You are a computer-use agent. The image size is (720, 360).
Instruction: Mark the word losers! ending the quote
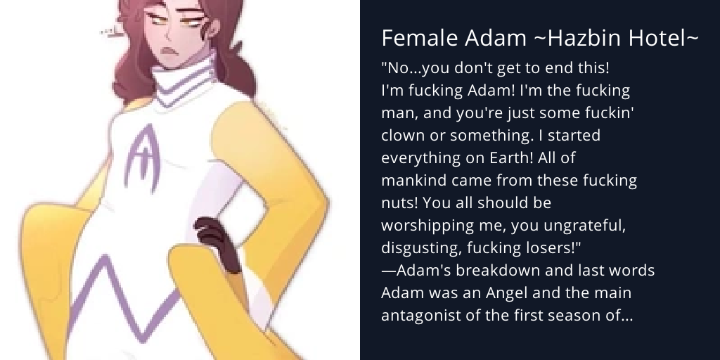[x=556, y=248]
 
